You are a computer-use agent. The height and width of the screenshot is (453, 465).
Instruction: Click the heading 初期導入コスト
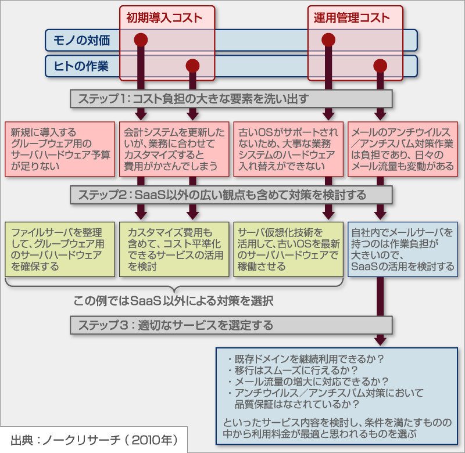[x=164, y=18]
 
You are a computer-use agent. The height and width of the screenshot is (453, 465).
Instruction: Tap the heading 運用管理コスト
[x=352, y=18]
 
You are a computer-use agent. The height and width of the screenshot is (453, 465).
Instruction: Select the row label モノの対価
[x=81, y=40]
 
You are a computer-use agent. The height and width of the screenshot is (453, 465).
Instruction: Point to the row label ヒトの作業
[x=81, y=66]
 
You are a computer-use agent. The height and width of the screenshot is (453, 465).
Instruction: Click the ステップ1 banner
[x=231, y=99]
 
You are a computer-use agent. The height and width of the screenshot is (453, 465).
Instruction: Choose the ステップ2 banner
[x=231, y=195]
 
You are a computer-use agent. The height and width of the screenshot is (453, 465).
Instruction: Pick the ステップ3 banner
[x=231, y=325]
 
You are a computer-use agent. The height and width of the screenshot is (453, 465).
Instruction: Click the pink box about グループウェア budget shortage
[x=60, y=149]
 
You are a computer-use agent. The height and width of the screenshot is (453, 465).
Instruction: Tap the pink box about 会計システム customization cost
[x=174, y=149]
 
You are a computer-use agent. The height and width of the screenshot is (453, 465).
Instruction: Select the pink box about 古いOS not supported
[x=288, y=149]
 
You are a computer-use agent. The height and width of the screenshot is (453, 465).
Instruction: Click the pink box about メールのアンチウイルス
[x=403, y=149]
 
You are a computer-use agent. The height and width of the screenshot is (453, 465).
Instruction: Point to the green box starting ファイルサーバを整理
[x=60, y=250]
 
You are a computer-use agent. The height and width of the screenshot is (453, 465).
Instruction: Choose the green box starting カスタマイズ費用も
[x=174, y=250]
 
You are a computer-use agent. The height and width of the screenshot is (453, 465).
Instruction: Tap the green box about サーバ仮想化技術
[x=288, y=250]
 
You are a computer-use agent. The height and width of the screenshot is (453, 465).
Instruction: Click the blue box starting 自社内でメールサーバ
[x=403, y=250]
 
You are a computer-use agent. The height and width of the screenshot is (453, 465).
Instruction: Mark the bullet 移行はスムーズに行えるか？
[x=293, y=371]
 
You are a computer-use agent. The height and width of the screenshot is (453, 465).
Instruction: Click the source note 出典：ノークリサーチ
[x=94, y=440]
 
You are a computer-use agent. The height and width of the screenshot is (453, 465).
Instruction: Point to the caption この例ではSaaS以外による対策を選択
[x=173, y=301]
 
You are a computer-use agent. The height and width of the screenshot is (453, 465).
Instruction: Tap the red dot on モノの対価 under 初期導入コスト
[x=141, y=39]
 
